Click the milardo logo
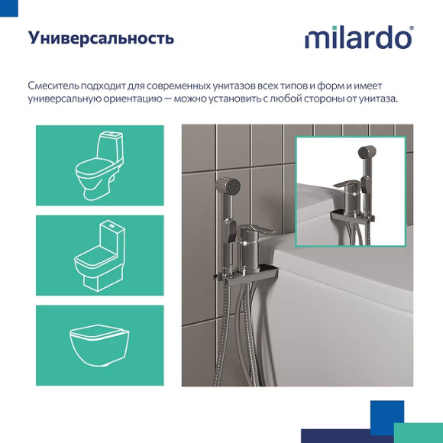(358, 38)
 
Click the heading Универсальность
(101, 38)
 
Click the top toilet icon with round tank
(99, 165)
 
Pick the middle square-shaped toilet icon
(99, 255)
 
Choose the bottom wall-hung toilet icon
(99, 344)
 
